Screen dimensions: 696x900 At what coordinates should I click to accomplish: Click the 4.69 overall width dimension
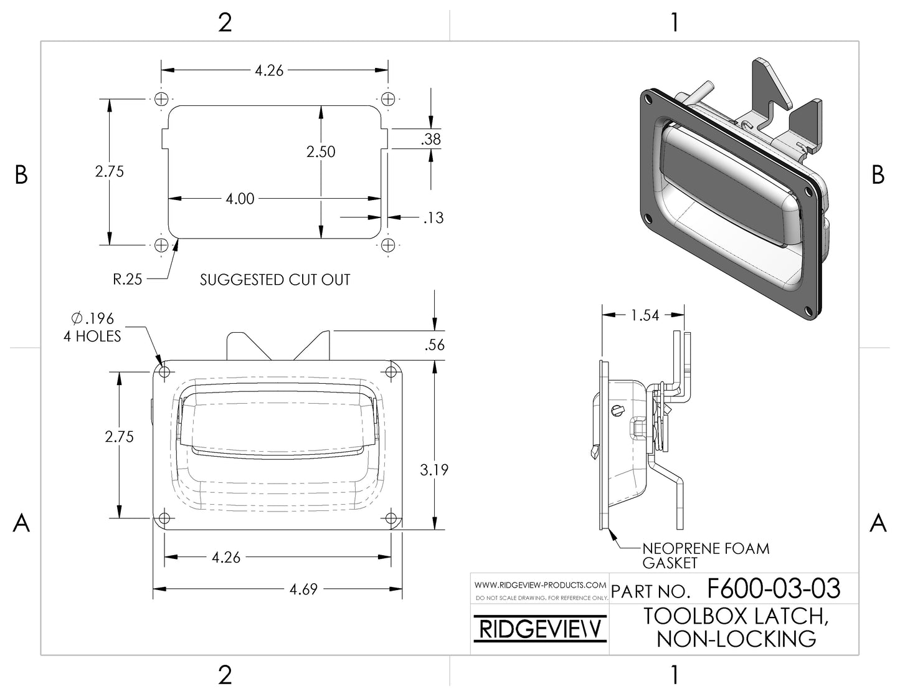[x=303, y=589]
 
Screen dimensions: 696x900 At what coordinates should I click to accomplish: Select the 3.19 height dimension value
[x=434, y=470]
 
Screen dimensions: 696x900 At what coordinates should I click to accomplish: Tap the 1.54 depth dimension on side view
[x=645, y=315]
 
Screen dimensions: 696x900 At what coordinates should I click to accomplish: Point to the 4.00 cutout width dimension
[x=240, y=199]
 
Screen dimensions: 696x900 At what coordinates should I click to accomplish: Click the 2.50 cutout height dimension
[x=321, y=151]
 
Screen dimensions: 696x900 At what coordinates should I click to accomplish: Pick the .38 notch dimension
[x=431, y=139]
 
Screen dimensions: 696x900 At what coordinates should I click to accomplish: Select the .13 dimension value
[x=433, y=217]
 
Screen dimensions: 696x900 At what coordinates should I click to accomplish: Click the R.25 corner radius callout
[x=127, y=280]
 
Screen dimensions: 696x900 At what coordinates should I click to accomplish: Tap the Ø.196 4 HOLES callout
[x=92, y=327]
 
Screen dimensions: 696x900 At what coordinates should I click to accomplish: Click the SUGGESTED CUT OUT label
[x=275, y=280]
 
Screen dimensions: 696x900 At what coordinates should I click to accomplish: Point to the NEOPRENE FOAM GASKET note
[x=705, y=556]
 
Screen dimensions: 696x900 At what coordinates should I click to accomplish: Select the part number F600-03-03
[x=774, y=589]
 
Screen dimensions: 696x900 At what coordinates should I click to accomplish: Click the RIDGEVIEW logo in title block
[x=539, y=631]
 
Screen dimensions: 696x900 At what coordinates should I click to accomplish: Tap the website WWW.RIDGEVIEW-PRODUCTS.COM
[x=540, y=585]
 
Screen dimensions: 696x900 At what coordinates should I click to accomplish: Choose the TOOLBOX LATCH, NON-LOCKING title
[x=736, y=627]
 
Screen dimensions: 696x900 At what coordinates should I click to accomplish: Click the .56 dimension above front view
[x=435, y=345]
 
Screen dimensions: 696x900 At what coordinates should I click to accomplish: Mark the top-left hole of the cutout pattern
[x=162, y=98]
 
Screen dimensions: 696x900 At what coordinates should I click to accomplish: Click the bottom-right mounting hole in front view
[x=391, y=518]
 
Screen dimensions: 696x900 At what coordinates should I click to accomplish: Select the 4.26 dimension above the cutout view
[x=269, y=70]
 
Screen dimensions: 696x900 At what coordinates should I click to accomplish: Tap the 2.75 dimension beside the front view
[x=119, y=437]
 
